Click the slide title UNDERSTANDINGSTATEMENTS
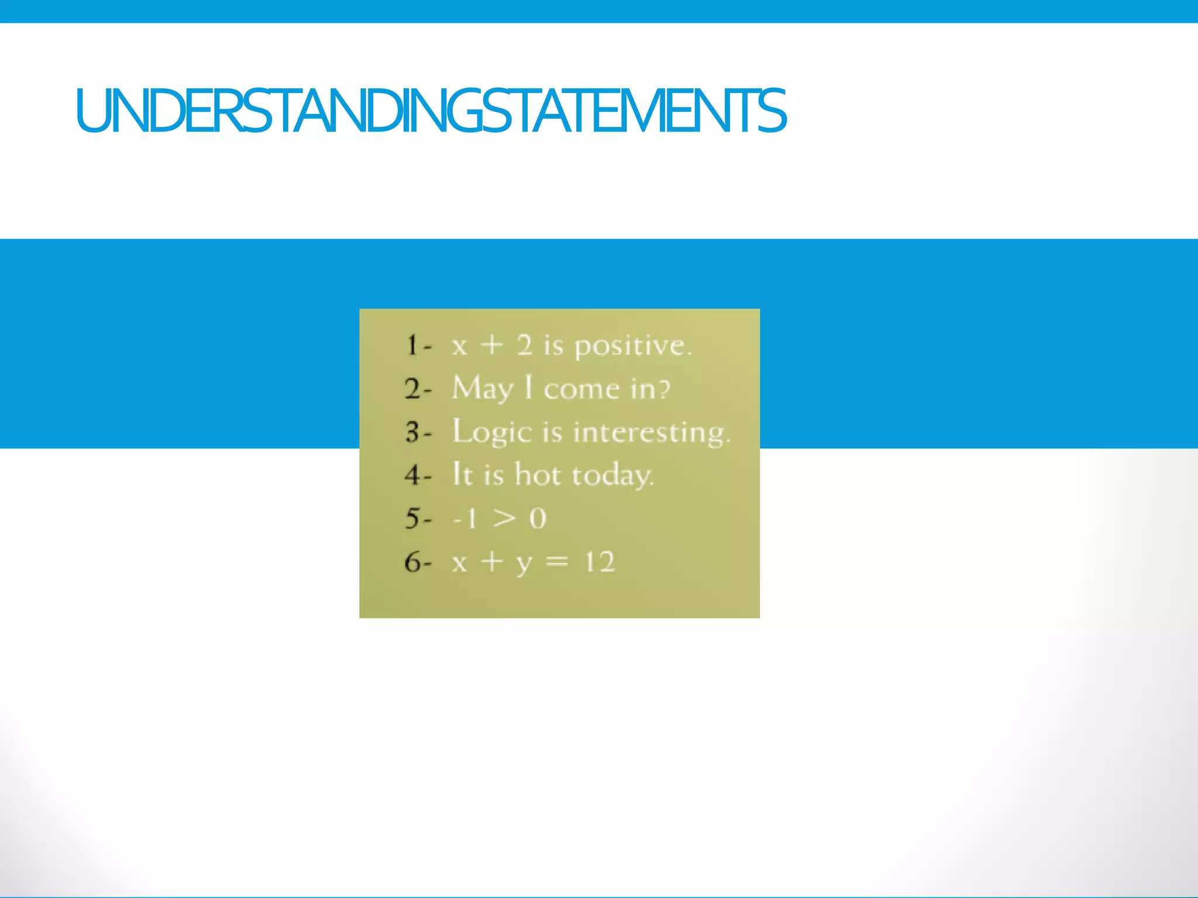(431, 111)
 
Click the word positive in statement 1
(632, 346)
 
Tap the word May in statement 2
(483, 389)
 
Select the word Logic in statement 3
(491, 433)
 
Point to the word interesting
(650, 433)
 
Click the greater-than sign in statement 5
(504, 519)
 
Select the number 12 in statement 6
(600, 562)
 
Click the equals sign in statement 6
(556, 562)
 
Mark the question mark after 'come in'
(664, 389)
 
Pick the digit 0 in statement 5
(538, 519)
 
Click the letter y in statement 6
(524, 564)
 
